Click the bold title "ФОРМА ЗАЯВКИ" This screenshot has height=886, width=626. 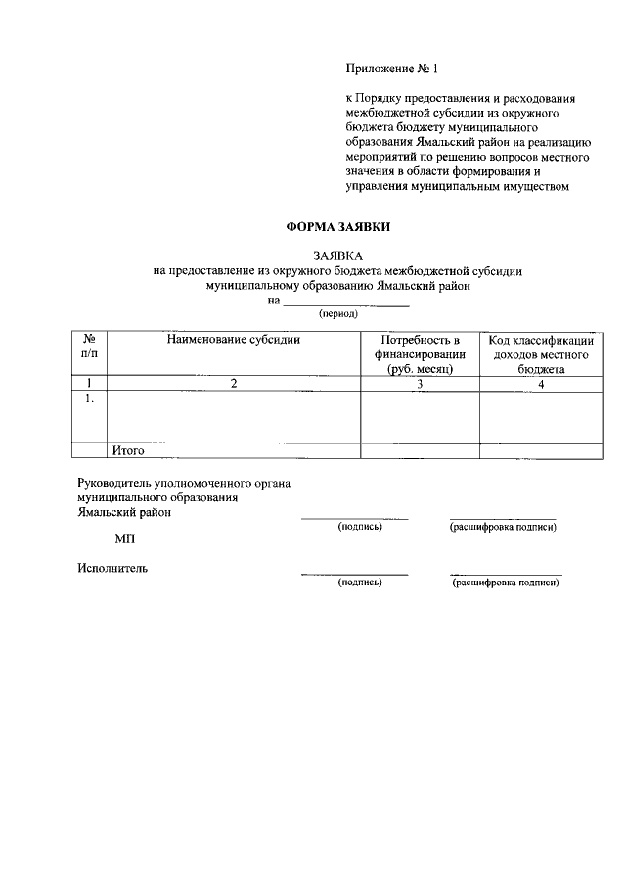tap(338, 227)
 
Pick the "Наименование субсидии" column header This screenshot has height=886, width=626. tap(233, 340)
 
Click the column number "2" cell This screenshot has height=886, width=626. tap(234, 384)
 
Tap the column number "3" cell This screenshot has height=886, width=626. tap(420, 384)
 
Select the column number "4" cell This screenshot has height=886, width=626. tap(540, 384)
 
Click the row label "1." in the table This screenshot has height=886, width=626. tap(89, 399)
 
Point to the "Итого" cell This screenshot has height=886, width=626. tap(128, 451)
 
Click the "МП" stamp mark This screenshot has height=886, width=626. tap(124, 537)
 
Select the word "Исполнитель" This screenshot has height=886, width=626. tap(112, 569)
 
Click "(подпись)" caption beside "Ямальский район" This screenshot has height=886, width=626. tap(359, 527)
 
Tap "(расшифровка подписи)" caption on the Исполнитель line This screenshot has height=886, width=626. tap(505, 583)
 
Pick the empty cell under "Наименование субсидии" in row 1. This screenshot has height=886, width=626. tap(234, 417)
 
